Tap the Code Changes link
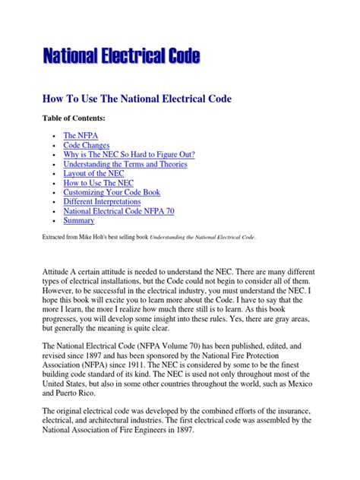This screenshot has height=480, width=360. pyautogui.click(x=87, y=144)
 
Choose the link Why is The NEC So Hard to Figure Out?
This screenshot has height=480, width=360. pyautogui.click(x=129, y=154)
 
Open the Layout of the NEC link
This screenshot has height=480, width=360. pyautogui.click(x=96, y=173)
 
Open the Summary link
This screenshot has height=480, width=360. pyautogui.click(x=79, y=221)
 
